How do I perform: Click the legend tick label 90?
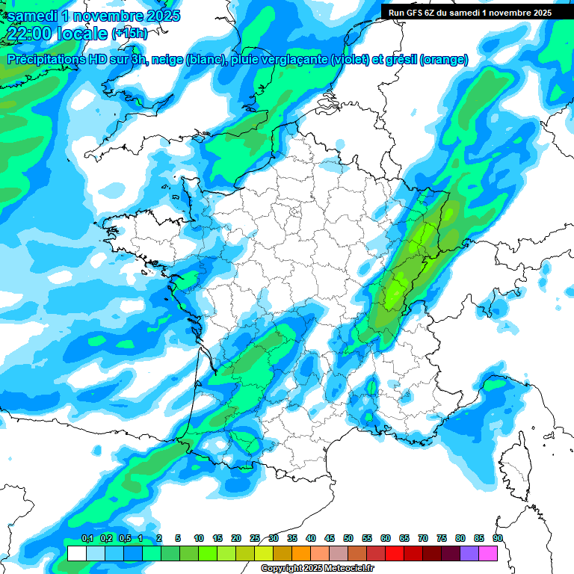(497, 538)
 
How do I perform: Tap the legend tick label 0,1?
(87, 538)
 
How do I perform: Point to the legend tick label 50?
(348, 538)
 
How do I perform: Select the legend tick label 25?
(255, 538)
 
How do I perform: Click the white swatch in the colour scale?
(76, 553)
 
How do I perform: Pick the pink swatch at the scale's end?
(488, 553)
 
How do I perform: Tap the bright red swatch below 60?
(395, 553)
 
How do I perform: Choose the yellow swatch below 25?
(264, 553)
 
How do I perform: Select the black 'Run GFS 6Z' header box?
(470, 12)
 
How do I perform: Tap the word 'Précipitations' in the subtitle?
(43, 60)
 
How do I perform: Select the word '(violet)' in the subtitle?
(356, 60)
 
